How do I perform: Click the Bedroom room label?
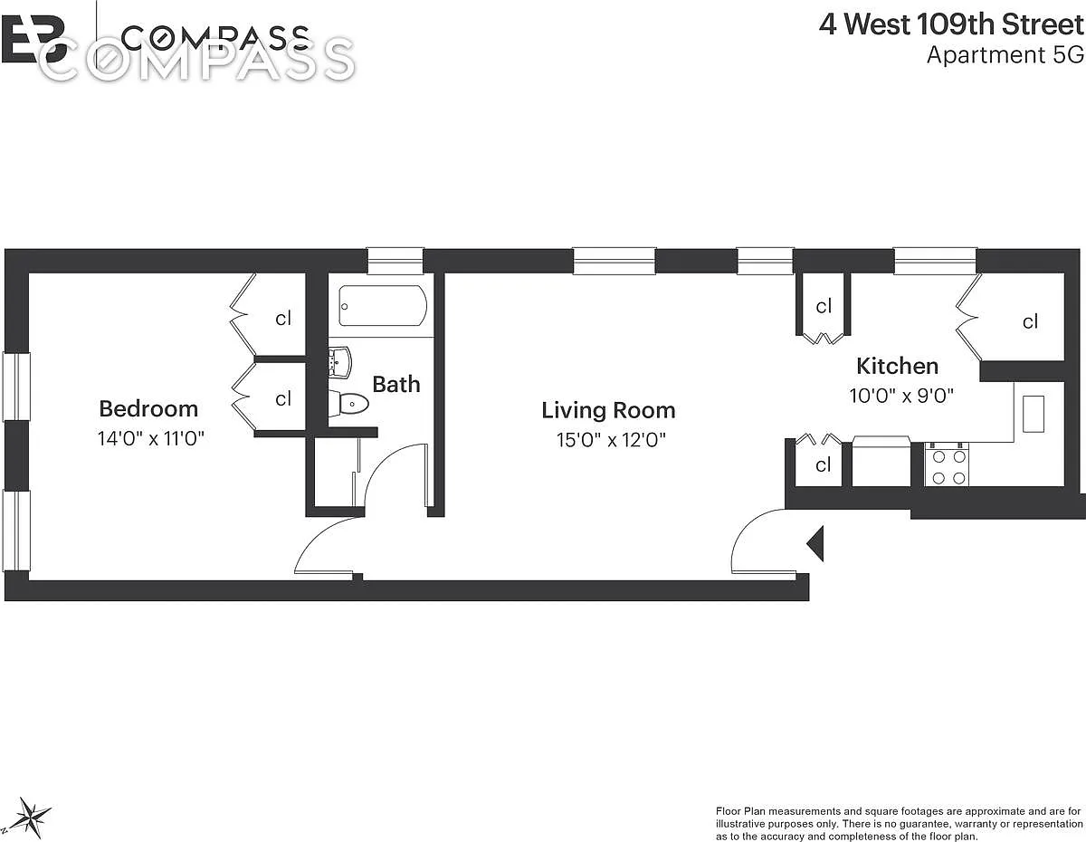[148, 409]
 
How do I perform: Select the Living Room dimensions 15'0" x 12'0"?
[611, 440]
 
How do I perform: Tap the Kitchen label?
[898, 366]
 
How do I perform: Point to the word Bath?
[396, 385]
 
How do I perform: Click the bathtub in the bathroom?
[383, 305]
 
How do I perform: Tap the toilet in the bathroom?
[350, 403]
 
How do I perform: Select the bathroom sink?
[340, 361]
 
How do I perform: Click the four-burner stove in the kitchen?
[947, 464]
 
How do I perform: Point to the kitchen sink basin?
[1034, 414]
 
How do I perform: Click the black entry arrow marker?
[816, 543]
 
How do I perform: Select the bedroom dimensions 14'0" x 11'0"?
[151, 438]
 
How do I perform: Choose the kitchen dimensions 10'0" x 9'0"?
[901, 396]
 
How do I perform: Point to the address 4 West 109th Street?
[951, 24]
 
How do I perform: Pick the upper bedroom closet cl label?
[283, 319]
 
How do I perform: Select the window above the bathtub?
[395, 261]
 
